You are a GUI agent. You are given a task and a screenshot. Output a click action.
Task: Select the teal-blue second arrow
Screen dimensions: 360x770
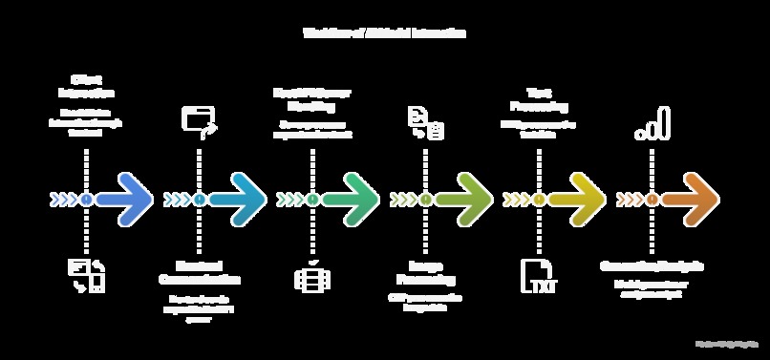[239, 199]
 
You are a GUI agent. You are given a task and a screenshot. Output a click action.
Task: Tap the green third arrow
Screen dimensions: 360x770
[352, 199]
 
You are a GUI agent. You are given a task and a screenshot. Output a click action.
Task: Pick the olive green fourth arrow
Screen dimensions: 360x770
[464, 199]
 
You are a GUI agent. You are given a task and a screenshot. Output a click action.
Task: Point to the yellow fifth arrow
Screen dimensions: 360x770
[577, 199]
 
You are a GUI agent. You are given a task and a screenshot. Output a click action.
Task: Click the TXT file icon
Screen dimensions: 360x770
[537, 275]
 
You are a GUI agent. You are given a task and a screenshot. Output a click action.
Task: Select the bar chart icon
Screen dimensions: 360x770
[652, 124]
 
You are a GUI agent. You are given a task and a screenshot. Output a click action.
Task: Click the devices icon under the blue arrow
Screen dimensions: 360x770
[86, 275]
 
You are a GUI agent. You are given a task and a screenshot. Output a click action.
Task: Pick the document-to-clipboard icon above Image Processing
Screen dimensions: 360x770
[424, 123]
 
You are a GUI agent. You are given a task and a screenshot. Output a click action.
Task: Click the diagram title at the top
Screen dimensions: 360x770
[384, 32]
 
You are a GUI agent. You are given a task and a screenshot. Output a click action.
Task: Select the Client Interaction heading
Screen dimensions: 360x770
[87, 86]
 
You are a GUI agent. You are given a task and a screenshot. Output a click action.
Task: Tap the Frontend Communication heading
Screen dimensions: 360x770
[200, 271]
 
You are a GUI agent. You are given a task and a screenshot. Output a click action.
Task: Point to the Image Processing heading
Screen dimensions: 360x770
[425, 271]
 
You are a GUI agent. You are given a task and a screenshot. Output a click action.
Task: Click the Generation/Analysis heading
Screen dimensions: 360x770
[652, 265]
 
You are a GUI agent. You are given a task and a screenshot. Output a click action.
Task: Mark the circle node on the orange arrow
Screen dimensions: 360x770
[652, 199]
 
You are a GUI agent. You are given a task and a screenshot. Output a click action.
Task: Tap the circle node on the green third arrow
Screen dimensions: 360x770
[312, 199]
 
